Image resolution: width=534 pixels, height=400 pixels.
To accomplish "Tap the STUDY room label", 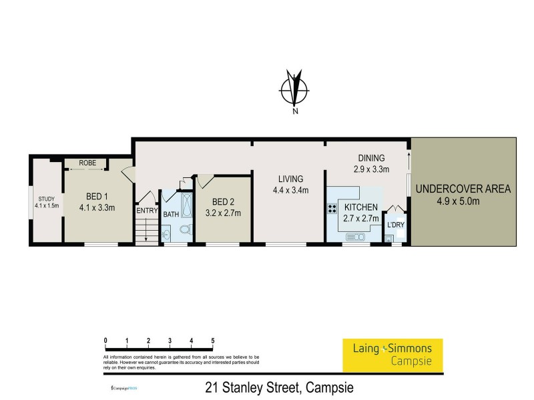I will [x=46, y=199].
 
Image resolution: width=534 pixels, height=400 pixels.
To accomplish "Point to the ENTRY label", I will [x=146, y=211].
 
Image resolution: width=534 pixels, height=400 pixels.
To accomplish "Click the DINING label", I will [x=372, y=157].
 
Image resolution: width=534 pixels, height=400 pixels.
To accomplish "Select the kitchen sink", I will [x=354, y=237].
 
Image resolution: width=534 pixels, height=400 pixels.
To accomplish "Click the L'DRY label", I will [x=396, y=225].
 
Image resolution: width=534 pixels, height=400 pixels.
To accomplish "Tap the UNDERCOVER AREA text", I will [x=463, y=189].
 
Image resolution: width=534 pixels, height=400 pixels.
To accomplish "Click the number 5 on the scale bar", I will [x=212, y=341].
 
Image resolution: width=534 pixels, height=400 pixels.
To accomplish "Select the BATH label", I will [x=171, y=214].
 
